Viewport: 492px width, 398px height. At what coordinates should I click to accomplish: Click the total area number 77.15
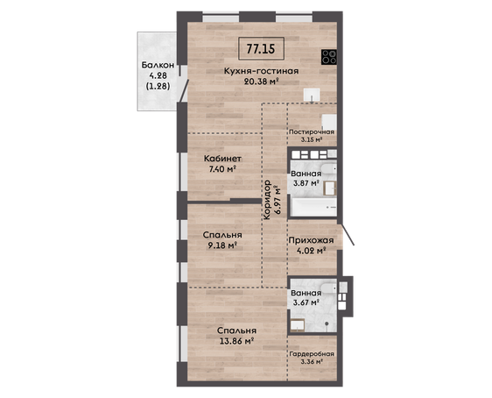tap(261, 49)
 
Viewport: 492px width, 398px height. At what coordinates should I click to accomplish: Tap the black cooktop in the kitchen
tap(329, 57)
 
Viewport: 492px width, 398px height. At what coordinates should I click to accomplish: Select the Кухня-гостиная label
tap(261, 71)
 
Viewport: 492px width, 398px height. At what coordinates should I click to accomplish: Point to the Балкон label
tap(158, 65)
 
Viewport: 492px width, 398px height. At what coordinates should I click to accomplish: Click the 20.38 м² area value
tap(262, 82)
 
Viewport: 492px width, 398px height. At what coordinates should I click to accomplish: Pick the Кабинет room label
tap(222, 159)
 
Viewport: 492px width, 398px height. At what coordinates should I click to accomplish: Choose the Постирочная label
tap(312, 132)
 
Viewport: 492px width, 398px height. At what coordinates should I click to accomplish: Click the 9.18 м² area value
tap(222, 245)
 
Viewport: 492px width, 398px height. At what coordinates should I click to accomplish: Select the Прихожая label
tap(311, 241)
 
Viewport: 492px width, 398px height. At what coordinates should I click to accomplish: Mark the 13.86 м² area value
tap(236, 341)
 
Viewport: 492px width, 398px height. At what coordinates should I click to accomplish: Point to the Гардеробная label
tap(312, 354)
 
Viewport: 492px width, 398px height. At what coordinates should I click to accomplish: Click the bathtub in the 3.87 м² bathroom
tap(313, 207)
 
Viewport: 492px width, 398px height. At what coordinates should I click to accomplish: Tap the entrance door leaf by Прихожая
tap(348, 234)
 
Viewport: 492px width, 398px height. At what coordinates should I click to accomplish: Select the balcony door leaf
tap(184, 90)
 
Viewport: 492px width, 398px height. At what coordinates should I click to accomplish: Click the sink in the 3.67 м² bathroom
tap(298, 325)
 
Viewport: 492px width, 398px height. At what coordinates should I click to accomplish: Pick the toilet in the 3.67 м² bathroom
tap(328, 288)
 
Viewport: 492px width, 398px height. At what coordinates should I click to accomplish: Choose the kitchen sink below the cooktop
tap(312, 95)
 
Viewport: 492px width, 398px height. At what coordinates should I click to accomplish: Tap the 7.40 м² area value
tap(222, 169)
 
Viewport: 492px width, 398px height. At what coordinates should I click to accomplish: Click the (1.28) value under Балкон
tap(158, 86)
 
